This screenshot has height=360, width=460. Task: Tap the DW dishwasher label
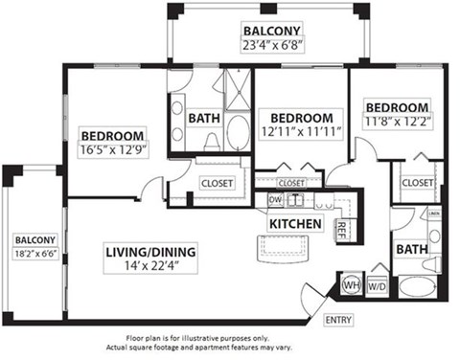click(275, 199)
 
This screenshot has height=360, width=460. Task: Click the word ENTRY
click(338, 320)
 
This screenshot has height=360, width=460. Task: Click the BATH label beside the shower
click(203, 118)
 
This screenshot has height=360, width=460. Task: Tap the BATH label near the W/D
click(411, 249)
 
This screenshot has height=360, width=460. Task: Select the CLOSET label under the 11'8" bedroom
click(418, 182)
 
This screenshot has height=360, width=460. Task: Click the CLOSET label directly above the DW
click(291, 182)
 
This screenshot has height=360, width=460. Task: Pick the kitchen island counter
click(285, 252)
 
